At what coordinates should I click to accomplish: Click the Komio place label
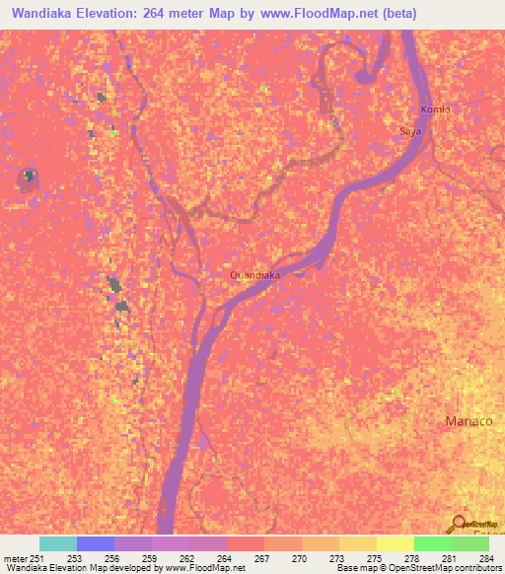(435, 109)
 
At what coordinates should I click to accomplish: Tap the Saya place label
(409, 130)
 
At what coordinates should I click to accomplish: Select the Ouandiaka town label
(254, 275)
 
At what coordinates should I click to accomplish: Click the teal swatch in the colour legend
(58, 543)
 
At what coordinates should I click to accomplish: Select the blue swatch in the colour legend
(96, 543)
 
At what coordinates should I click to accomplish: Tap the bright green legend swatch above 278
(433, 543)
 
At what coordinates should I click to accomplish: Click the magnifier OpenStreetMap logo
(458, 525)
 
